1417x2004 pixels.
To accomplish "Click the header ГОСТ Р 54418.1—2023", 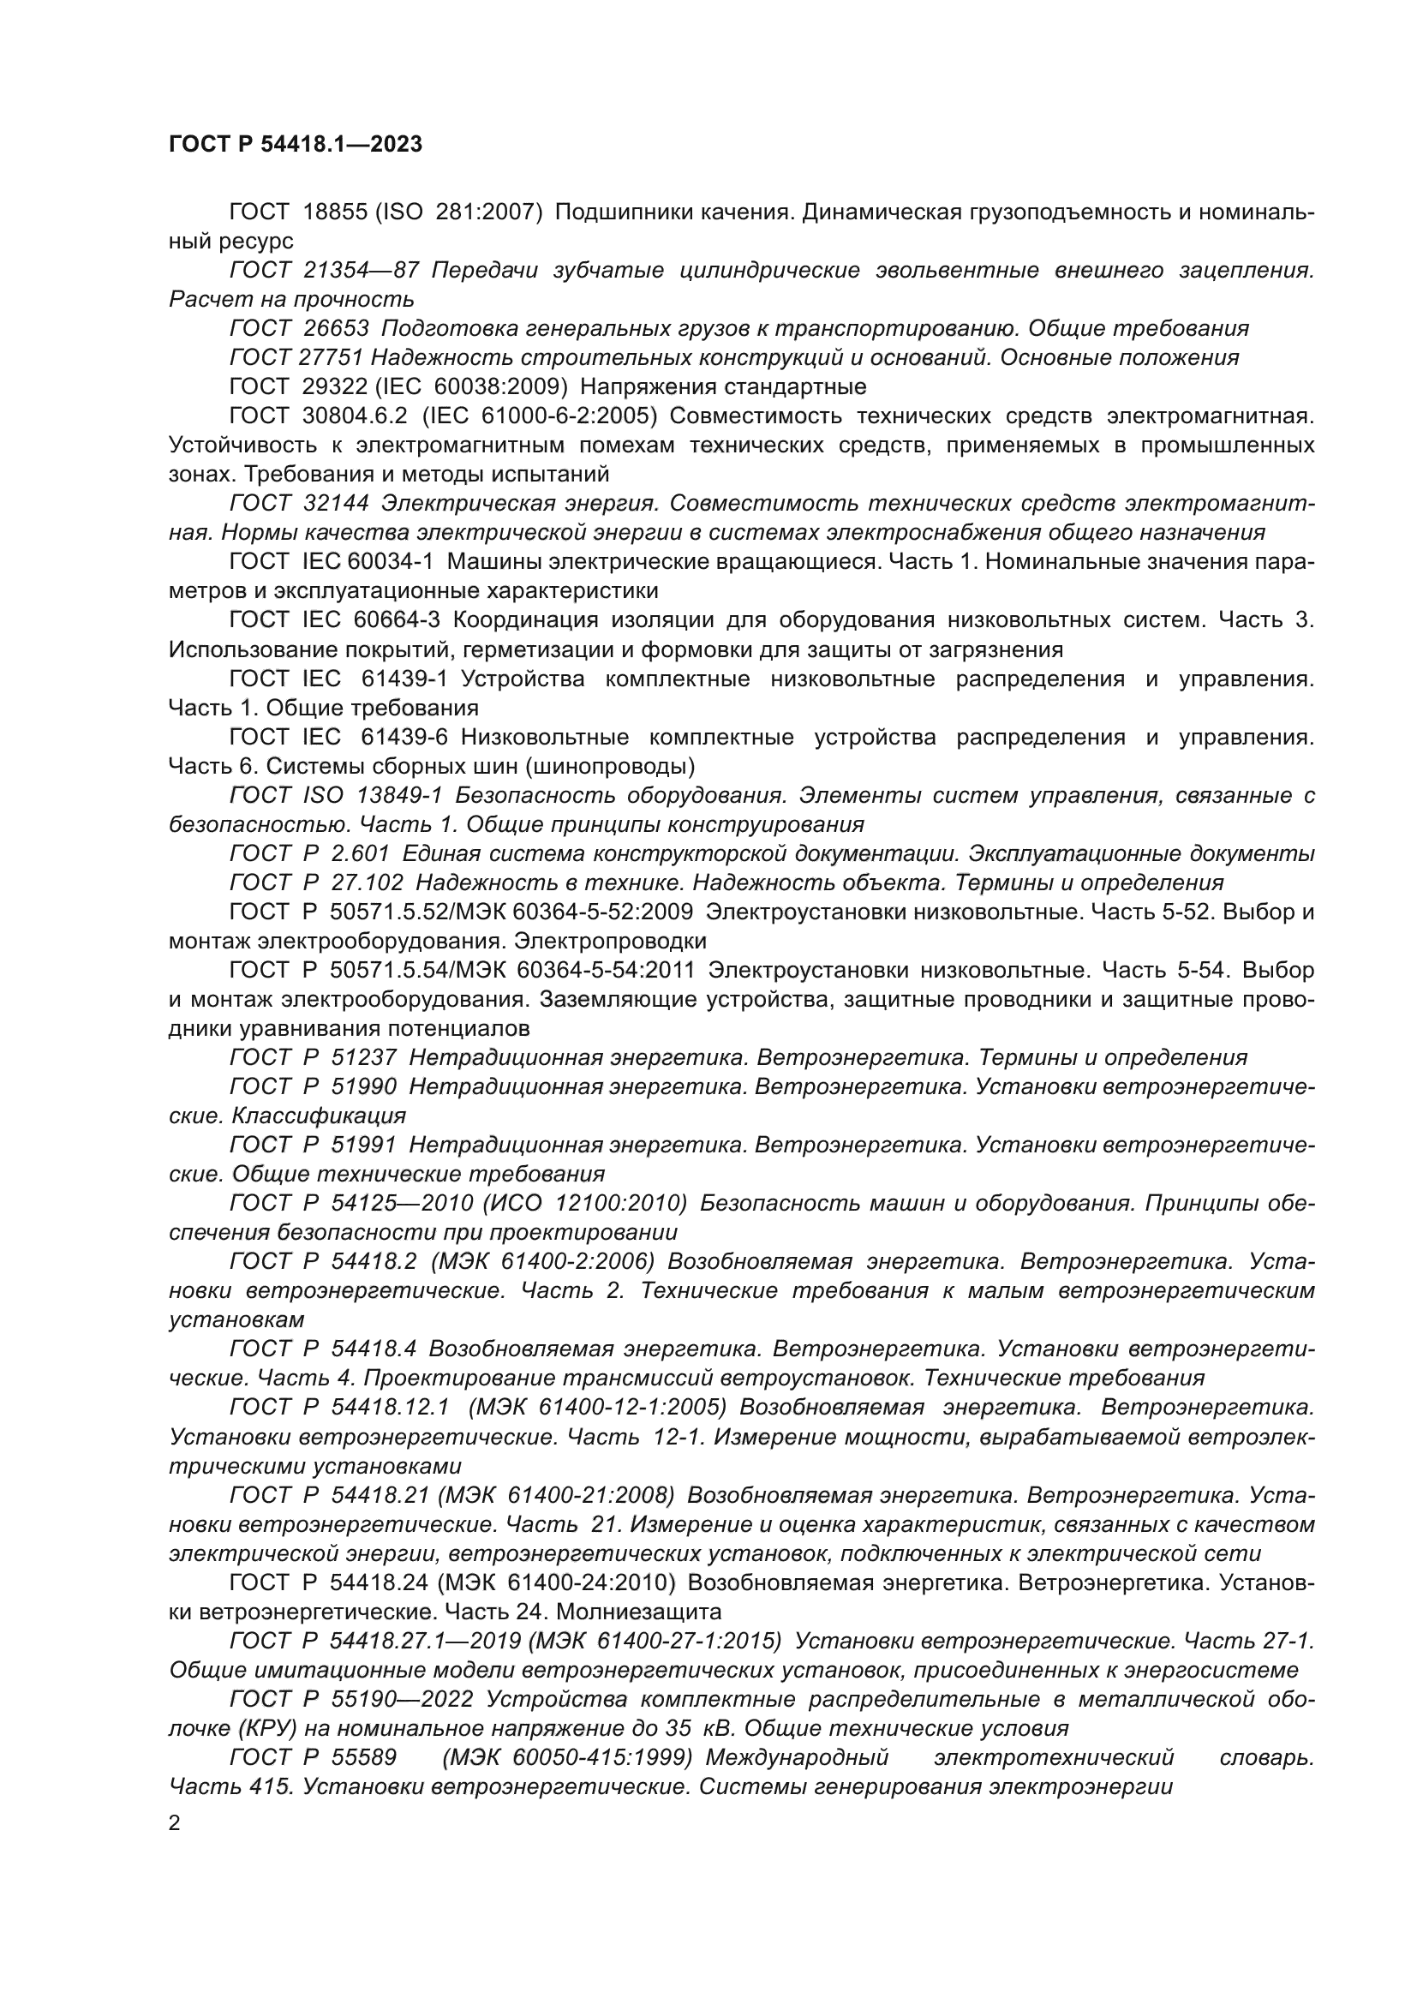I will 295,144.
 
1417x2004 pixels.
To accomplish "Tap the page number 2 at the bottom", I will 175,1822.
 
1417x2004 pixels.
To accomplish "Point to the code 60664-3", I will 397,619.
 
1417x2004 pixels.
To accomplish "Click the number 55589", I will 364,1757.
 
